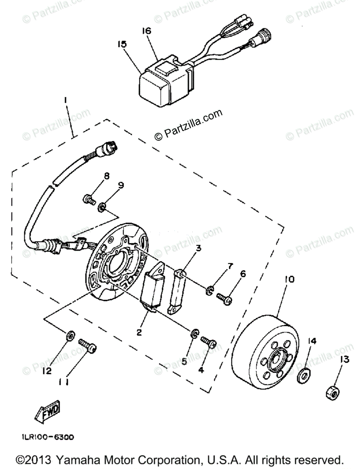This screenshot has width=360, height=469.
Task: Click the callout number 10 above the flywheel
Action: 290,280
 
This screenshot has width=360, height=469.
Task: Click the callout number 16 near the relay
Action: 147,31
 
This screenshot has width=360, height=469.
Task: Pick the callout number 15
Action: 122,44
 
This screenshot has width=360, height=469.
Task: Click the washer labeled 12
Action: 70,335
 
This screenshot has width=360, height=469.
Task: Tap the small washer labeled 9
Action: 102,206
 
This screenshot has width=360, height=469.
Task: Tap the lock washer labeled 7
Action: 210,290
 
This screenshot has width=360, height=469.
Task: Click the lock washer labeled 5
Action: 194,333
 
